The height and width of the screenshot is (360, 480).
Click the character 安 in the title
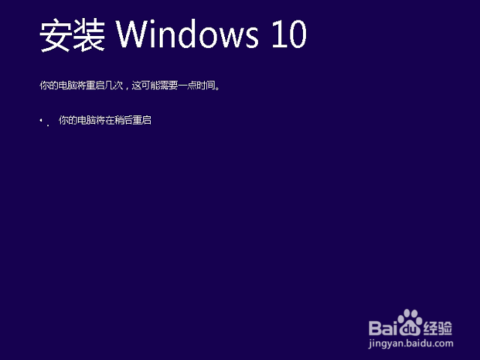55,35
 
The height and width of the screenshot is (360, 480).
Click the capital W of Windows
133,34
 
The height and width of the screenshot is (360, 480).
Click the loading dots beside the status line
45,122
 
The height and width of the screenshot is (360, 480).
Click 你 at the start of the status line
63,120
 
